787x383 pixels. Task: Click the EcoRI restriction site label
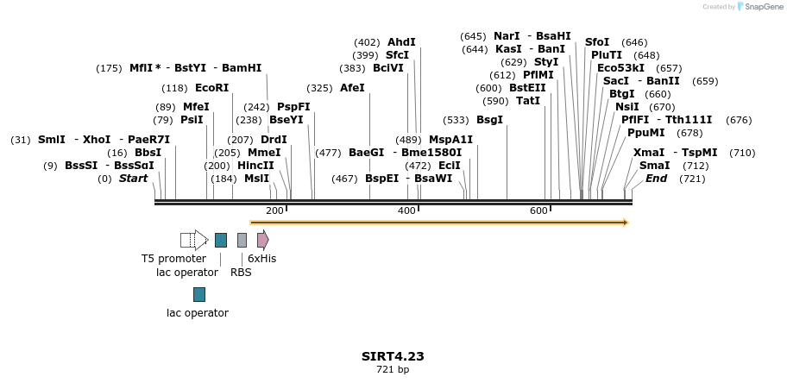tap(211, 88)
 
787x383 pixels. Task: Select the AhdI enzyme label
tap(401, 42)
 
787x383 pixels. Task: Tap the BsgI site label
tap(489, 120)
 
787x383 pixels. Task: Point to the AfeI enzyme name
tap(352, 88)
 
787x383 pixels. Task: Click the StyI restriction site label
tap(546, 62)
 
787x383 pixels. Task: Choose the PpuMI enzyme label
tap(645, 133)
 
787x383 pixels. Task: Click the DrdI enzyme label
tap(274, 140)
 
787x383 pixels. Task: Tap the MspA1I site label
tap(450, 140)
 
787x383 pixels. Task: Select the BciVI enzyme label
tap(388, 68)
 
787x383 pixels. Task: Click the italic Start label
tap(133, 179)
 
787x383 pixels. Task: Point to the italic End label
tap(656, 179)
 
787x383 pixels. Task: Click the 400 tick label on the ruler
tap(406, 211)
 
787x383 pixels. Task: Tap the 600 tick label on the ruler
tap(538, 211)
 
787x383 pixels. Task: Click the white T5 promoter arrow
tap(194, 240)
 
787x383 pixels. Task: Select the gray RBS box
tap(242, 240)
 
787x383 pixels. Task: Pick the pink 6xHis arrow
tap(262, 240)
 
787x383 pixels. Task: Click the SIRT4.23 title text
tap(393, 356)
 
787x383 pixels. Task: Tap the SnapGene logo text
tap(760, 7)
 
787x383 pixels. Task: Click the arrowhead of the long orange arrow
tap(626, 223)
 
